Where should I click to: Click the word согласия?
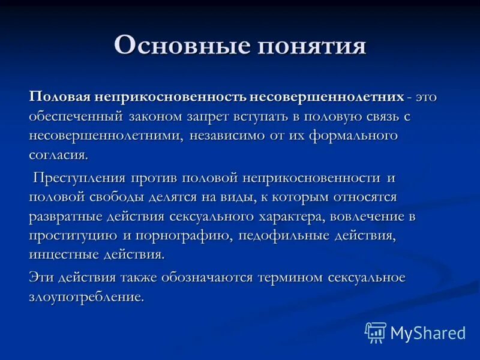click(58, 155)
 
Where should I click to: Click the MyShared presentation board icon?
click(376, 332)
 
